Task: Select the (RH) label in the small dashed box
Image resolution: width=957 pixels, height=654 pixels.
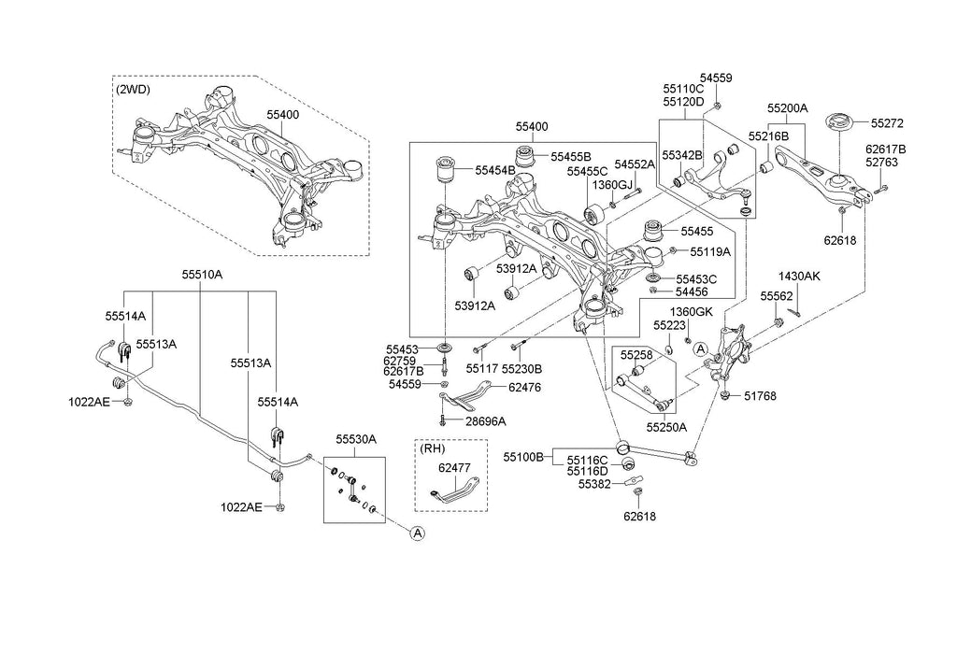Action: tap(433, 448)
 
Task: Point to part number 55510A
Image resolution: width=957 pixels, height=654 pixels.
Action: tap(202, 276)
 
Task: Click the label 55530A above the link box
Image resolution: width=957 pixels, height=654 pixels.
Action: tap(356, 439)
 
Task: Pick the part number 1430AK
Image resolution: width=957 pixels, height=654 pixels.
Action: tap(799, 276)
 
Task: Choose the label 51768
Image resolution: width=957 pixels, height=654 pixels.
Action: tap(760, 396)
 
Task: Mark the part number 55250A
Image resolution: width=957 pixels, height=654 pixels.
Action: tap(668, 427)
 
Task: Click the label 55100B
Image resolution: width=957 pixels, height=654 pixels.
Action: tap(522, 457)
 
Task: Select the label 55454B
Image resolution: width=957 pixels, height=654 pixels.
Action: tap(495, 170)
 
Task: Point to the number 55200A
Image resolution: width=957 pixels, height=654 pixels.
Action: tap(788, 108)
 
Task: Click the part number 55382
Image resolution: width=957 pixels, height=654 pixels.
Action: tap(593, 485)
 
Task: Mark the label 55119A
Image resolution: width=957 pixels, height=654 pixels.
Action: tap(710, 251)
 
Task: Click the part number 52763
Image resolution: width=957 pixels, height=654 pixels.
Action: tap(882, 162)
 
